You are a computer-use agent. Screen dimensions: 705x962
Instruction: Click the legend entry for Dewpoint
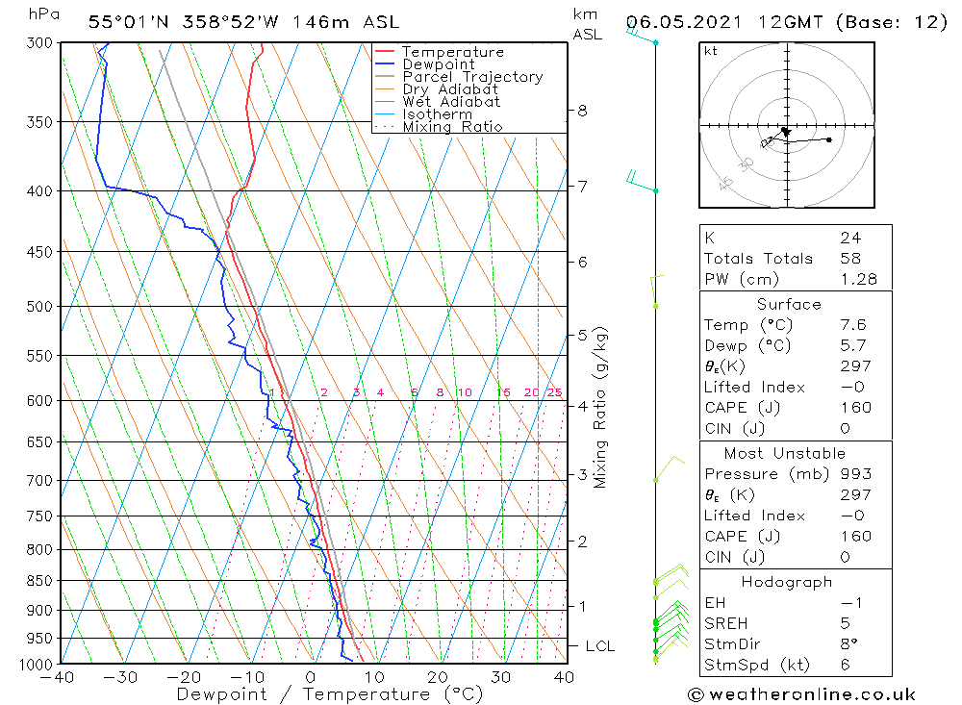pos(438,64)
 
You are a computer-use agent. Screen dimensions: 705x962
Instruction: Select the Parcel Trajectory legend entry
pos(472,77)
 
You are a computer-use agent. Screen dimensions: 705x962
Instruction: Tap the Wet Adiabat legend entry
pos(451,102)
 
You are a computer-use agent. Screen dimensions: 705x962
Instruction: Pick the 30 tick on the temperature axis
pos(500,677)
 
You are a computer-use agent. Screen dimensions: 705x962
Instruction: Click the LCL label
pos(599,646)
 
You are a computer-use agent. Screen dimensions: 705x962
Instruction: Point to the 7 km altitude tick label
pos(582,186)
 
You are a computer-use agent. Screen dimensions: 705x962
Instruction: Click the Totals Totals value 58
pos(850,259)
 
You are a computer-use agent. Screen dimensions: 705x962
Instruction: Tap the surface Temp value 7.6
pos(854,325)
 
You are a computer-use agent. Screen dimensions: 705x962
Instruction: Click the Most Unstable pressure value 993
pos(856,474)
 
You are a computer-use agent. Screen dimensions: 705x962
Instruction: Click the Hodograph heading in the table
pos(787,582)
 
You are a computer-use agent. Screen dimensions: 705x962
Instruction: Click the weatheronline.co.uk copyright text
pos(801,693)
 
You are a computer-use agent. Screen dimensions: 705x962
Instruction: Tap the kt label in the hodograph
pos(711,51)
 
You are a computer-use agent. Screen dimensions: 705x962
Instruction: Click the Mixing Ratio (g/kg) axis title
pos(601,407)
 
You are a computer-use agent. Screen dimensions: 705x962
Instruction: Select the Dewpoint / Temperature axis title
pos(330,694)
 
